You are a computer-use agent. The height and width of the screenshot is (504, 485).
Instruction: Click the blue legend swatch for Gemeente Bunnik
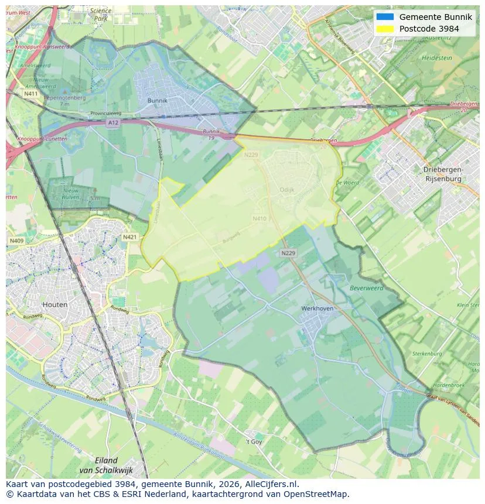(385, 17)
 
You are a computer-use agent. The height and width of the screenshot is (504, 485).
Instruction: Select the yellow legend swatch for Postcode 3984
(385, 29)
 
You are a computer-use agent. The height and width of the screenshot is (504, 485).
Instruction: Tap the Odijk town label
(287, 190)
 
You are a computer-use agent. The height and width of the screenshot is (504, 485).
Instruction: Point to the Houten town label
(55, 304)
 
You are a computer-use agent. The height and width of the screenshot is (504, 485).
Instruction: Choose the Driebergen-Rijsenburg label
(443, 174)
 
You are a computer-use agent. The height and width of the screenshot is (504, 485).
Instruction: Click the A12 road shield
(113, 122)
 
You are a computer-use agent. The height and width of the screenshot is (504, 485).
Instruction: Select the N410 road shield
(259, 218)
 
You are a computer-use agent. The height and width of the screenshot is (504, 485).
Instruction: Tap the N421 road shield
(129, 237)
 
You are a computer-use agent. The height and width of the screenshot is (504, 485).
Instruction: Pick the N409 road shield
(16, 241)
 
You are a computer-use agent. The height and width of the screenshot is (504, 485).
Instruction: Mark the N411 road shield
(31, 94)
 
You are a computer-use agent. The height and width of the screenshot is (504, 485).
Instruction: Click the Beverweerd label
(366, 289)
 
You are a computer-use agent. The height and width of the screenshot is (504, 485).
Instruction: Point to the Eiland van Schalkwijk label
(106, 465)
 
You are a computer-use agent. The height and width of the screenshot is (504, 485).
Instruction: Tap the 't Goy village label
(254, 441)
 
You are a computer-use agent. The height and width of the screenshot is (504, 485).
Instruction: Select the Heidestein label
(436, 59)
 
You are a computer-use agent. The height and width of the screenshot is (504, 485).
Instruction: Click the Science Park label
(100, 15)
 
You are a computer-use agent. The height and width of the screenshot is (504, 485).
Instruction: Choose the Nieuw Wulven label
(70, 194)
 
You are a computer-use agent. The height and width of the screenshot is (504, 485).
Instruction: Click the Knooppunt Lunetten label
(42, 139)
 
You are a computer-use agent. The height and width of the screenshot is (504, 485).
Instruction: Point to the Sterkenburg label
(426, 354)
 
